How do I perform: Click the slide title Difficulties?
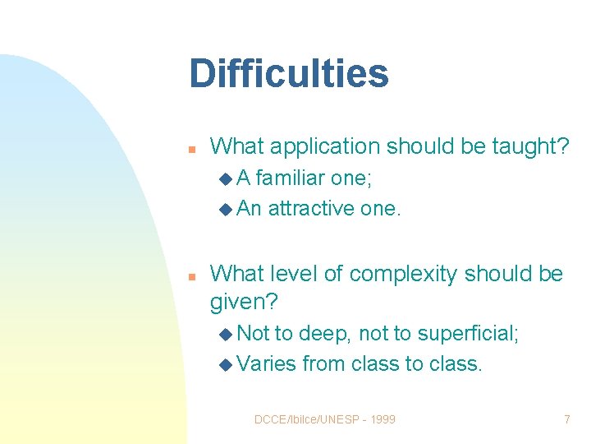288,73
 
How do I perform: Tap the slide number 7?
566,419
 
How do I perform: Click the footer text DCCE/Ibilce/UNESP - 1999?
325,419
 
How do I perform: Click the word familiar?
292,178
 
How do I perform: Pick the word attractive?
311,209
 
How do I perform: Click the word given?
244,303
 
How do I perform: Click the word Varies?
266,363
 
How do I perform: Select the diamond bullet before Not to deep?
226,334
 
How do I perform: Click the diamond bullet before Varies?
226,364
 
